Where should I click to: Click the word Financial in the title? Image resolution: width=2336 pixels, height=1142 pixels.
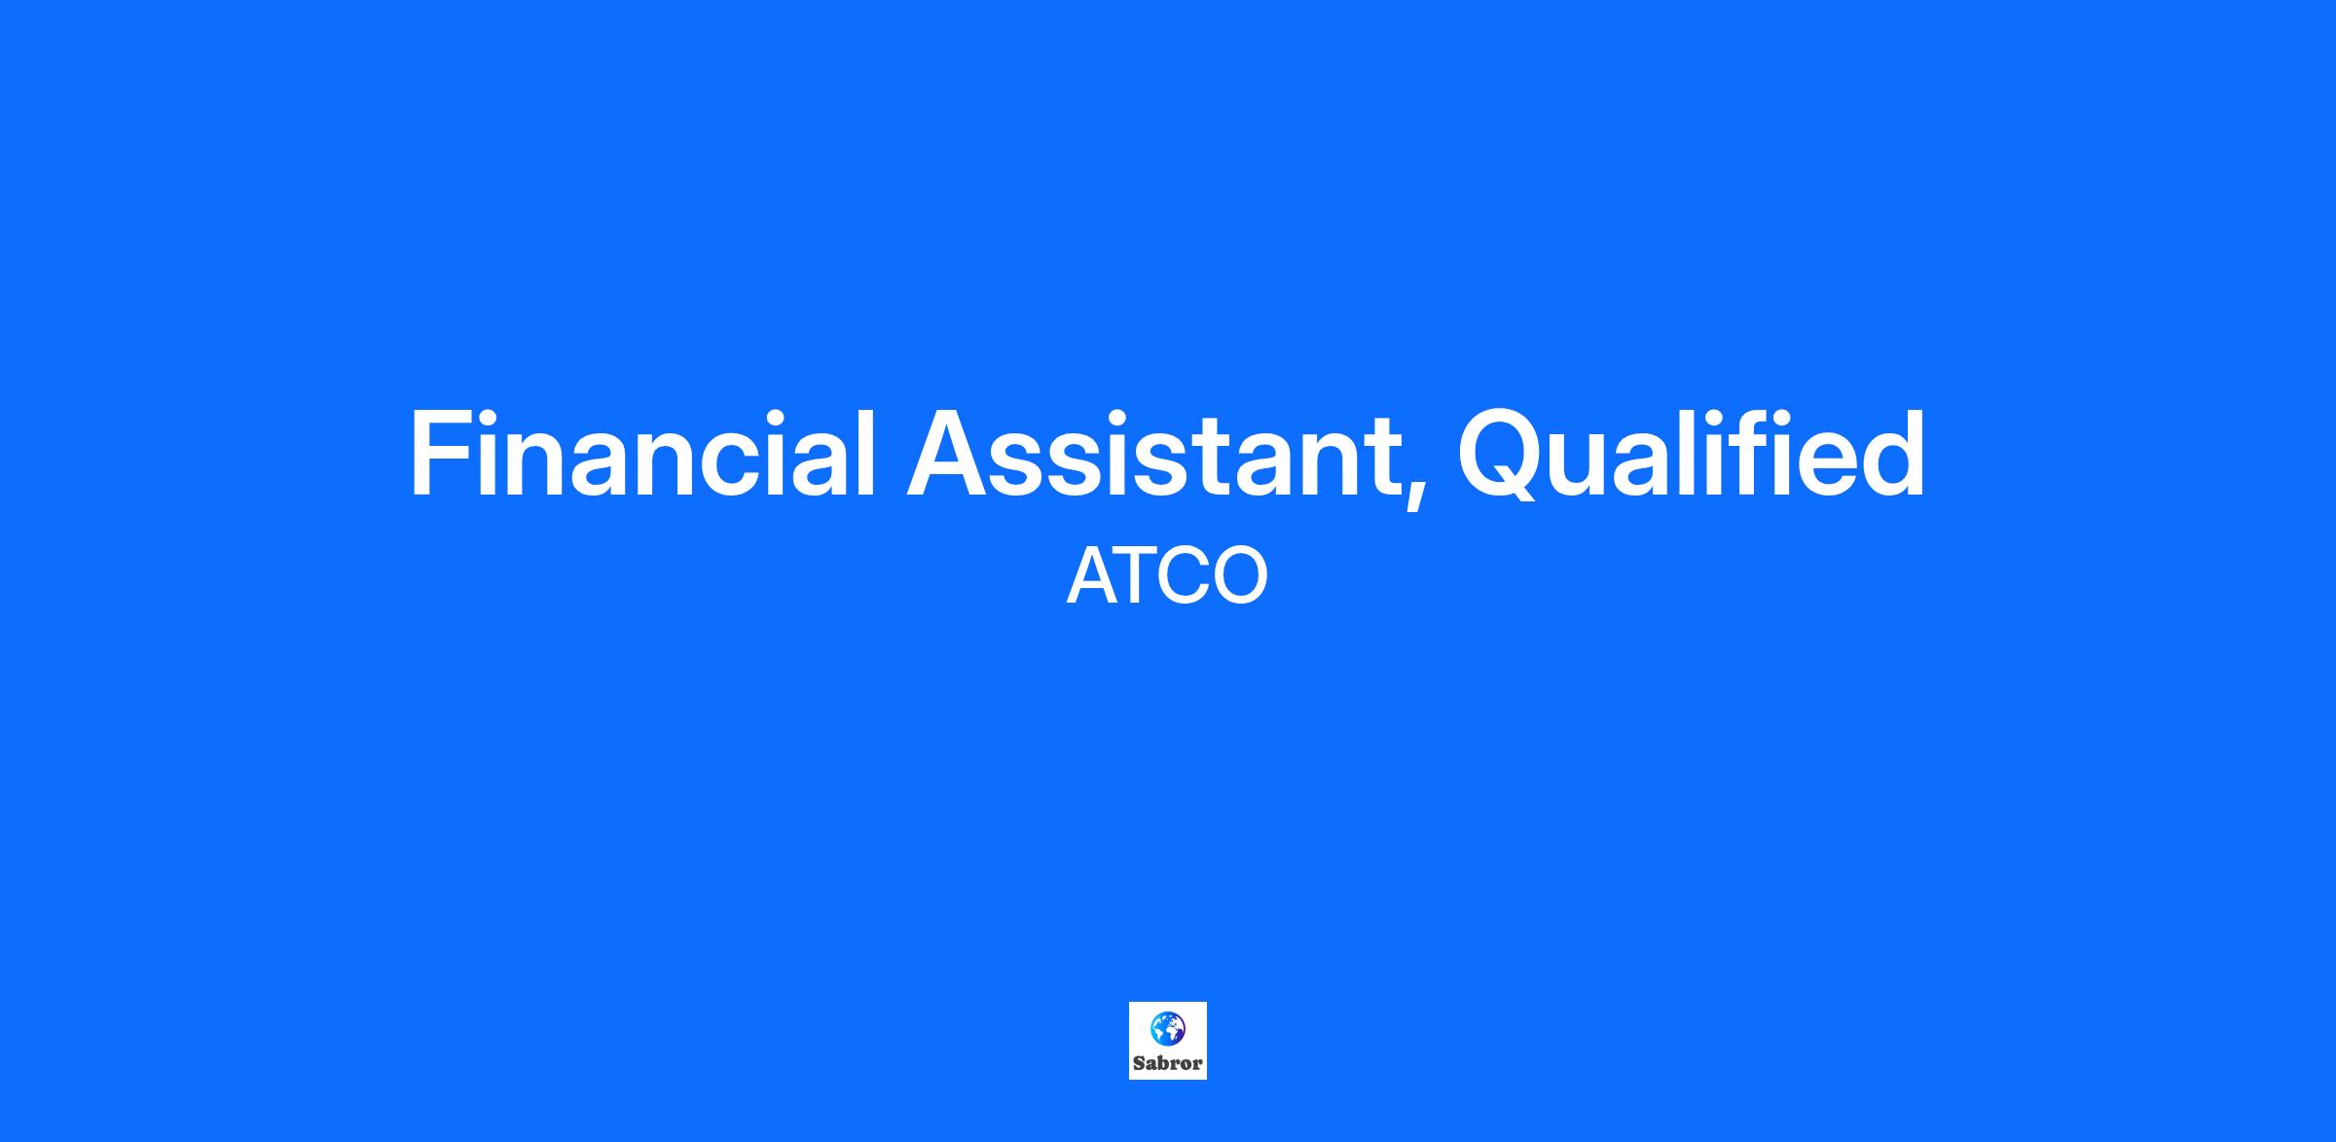(643, 454)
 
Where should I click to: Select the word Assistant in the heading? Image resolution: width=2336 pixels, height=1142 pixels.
(1153, 454)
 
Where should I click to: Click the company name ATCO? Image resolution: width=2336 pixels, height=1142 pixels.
(1167, 576)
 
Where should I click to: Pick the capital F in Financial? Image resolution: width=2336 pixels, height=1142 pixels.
(439, 454)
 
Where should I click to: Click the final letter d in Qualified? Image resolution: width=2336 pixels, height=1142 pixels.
(1893, 454)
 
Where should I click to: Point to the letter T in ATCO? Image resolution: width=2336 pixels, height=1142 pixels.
(1138, 576)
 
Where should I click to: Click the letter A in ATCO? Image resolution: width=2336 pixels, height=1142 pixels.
(1091, 576)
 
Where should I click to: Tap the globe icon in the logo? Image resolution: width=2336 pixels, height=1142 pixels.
(1167, 1028)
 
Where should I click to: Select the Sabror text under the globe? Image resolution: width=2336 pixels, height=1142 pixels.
(1167, 1063)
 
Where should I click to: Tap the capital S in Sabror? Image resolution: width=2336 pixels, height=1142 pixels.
(1140, 1063)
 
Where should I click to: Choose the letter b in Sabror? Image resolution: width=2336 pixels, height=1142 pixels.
(1163, 1063)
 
